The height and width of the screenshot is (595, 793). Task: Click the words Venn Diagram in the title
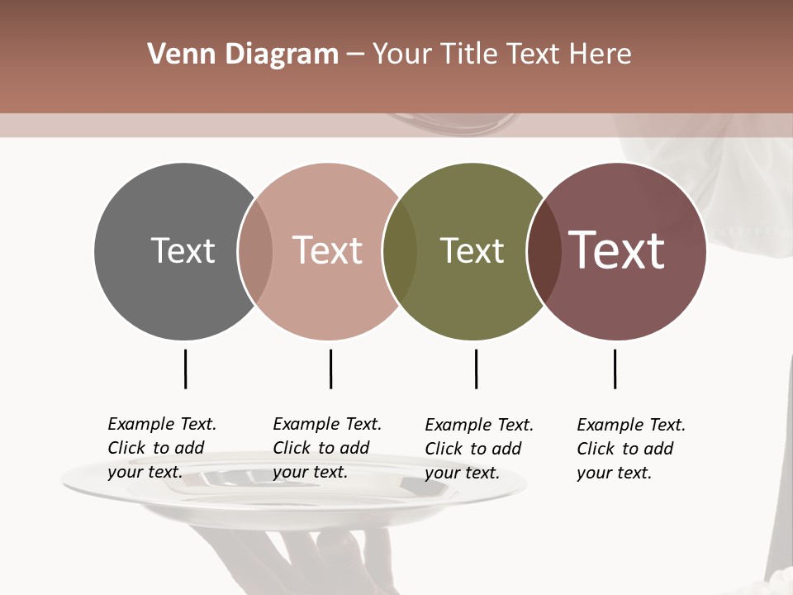click(x=243, y=55)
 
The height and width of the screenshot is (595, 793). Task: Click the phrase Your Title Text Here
click(x=501, y=55)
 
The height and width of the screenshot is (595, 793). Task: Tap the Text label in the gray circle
click(x=183, y=250)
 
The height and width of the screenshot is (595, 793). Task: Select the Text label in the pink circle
click(x=328, y=250)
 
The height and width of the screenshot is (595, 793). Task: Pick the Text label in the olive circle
click(x=472, y=250)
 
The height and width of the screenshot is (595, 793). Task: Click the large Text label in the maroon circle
click(x=617, y=250)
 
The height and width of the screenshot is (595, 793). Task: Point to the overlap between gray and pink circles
click(x=255, y=251)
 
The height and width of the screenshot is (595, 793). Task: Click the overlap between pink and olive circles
click(x=400, y=251)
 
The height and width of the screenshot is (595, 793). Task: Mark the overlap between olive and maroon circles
click(x=544, y=251)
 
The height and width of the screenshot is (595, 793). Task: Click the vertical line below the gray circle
click(x=185, y=369)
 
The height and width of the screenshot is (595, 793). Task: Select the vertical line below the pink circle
click(x=330, y=369)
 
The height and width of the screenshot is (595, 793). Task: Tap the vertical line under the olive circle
click(x=476, y=369)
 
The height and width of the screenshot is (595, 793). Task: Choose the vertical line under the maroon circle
click(x=615, y=369)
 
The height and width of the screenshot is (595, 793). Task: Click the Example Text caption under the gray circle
click(x=162, y=448)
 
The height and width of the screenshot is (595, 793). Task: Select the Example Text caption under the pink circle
click(x=327, y=448)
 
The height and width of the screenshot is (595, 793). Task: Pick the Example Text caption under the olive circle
click(x=479, y=449)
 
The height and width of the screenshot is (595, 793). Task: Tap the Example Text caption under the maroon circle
click(x=631, y=449)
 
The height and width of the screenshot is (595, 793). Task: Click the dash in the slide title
click(x=355, y=55)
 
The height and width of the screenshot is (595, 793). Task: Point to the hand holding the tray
click(x=330, y=562)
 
